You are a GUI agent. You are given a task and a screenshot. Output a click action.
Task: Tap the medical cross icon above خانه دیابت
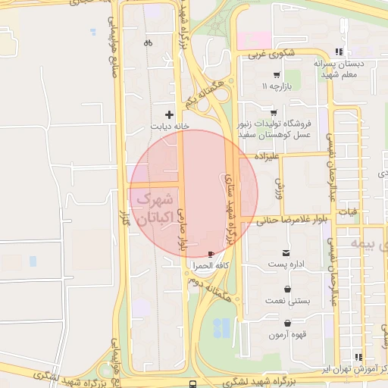click(x=169, y=114)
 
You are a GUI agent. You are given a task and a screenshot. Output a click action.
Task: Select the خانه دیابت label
click(x=170, y=127)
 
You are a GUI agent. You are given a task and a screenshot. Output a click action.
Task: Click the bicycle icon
click(x=148, y=43)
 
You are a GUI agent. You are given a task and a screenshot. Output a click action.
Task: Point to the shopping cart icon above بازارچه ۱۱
click(x=276, y=75)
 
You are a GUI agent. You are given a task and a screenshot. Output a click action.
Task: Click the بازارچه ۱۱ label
click(x=277, y=88)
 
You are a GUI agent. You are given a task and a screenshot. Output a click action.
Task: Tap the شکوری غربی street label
click(x=266, y=54)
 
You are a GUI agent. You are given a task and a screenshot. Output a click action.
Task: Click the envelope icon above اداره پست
click(x=286, y=252)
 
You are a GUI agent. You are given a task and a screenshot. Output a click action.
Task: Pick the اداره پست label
click(x=286, y=265)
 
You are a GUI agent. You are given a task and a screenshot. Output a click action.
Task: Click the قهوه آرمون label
click(x=288, y=334)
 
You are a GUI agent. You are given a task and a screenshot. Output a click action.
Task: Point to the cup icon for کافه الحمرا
click(x=211, y=253)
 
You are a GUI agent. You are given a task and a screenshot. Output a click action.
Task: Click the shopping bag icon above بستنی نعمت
click(x=288, y=289)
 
